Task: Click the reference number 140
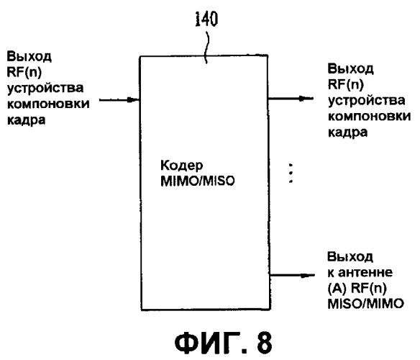point(206,19)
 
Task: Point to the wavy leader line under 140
point(206,48)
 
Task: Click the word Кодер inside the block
point(182,166)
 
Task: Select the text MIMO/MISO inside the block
point(197,181)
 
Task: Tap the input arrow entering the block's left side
point(119,100)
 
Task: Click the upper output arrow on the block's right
point(291,99)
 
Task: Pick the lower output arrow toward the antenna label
point(292,275)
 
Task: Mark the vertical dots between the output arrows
point(291,173)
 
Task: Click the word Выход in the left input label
point(29,57)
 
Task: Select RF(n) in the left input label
point(24,72)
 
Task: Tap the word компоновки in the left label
point(48,104)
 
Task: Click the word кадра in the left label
point(26,120)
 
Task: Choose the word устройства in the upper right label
point(367,101)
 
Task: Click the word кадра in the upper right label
point(347,132)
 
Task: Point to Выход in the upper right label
point(350,68)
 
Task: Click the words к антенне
point(360,272)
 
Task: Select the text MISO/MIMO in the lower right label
point(365,304)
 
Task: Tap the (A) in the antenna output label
point(337,289)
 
